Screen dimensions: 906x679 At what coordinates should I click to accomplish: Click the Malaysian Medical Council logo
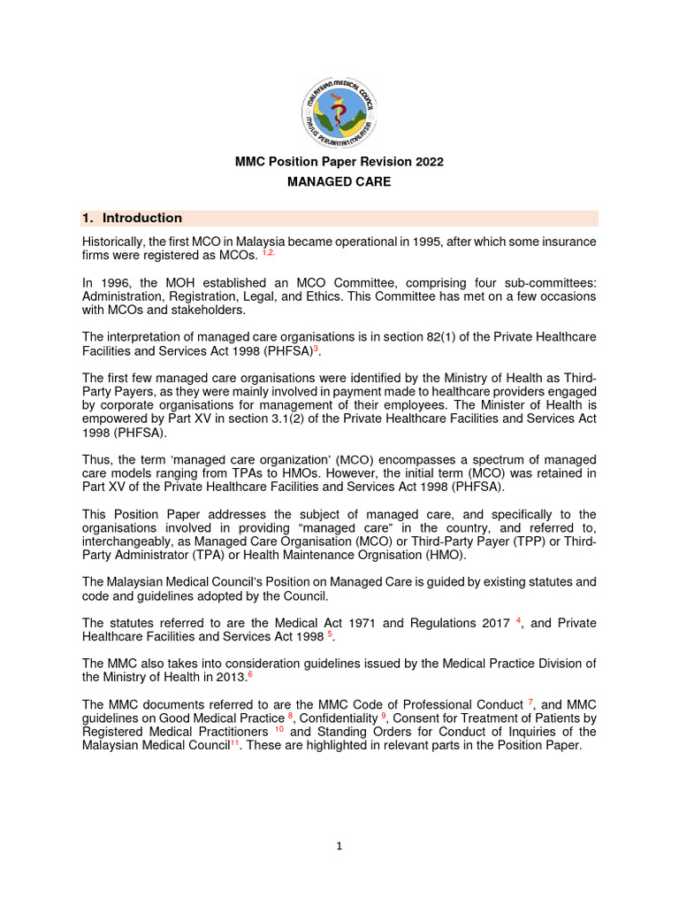click(x=339, y=104)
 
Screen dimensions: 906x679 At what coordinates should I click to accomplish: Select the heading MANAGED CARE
click(x=339, y=182)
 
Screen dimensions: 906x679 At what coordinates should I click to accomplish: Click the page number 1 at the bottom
click(x=339, y=846)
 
